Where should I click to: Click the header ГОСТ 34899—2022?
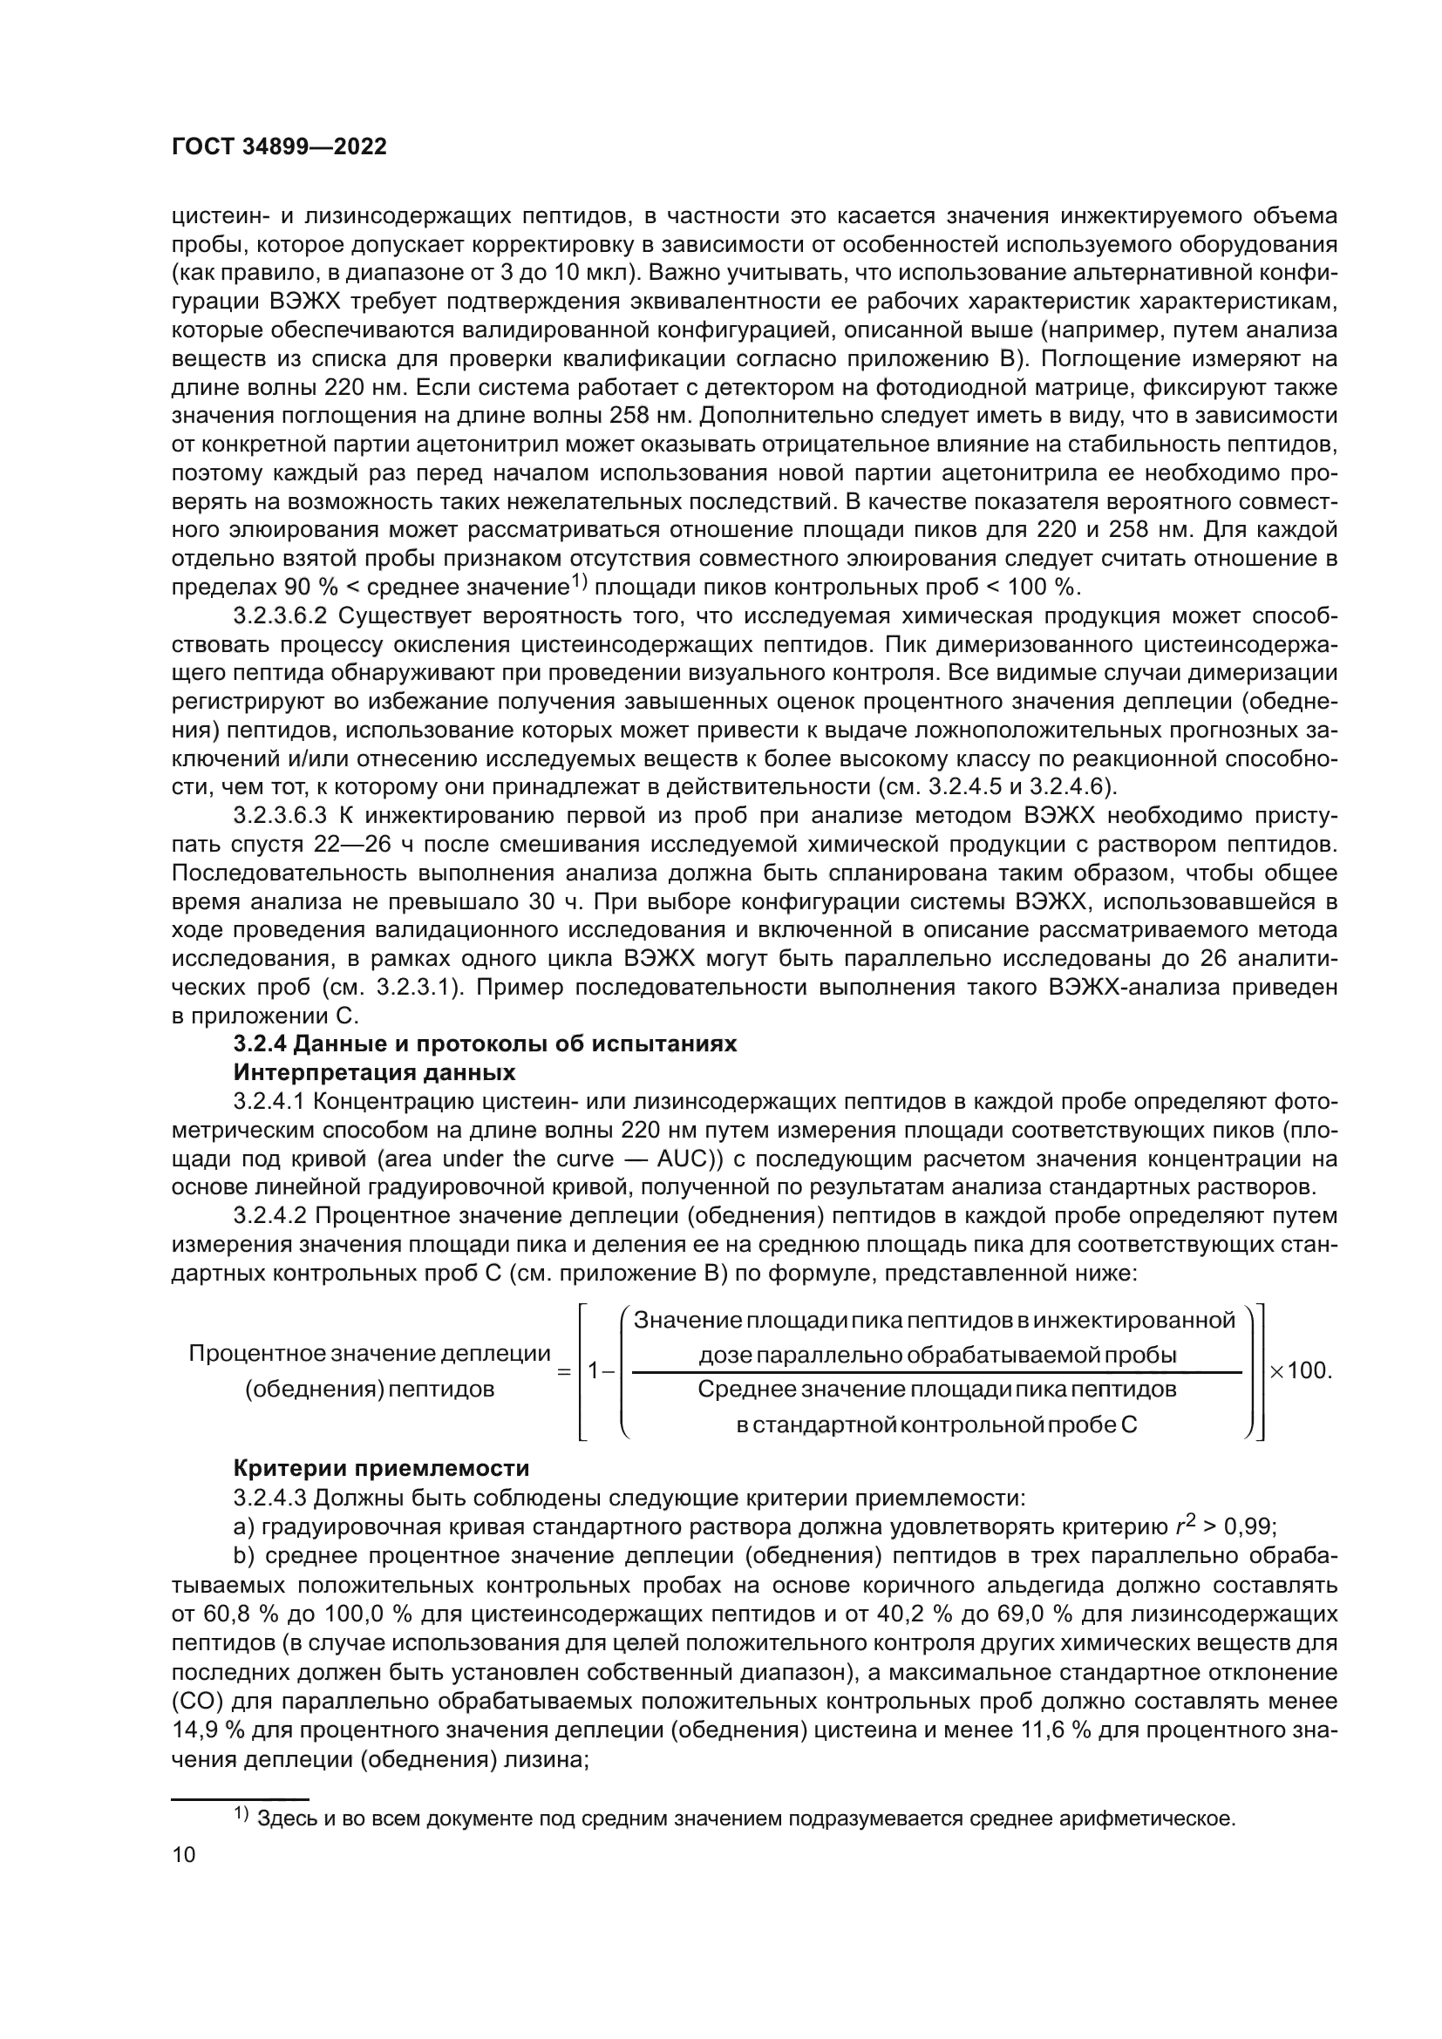(x=279, y=147)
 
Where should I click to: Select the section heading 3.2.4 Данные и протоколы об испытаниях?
(x=484, y=1043)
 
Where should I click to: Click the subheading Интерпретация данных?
(x=374, y=1073)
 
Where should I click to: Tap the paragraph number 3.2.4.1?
(x=269, y=1102)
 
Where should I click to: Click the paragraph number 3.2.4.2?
(x=269, y=1216)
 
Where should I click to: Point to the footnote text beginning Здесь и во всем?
(x=746, y=1818)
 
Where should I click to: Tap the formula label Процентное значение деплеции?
(x=370, y=1354)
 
